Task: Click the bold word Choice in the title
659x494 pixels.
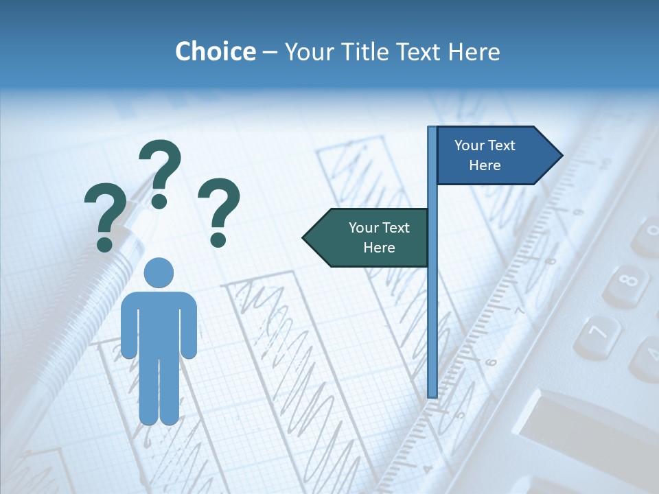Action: point(216,51)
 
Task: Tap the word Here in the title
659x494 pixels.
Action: point(474,51)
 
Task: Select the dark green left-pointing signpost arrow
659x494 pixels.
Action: point(367,237)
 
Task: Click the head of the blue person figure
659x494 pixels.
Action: point(159,272)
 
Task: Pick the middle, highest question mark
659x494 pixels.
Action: point(161,172)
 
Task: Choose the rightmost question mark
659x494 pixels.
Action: point(219,211)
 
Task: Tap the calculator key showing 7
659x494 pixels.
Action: point(596,333)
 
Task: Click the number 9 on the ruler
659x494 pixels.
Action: point(577,211)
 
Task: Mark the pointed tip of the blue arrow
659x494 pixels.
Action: point(561,156)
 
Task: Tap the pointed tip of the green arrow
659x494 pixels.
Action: point(304,237)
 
